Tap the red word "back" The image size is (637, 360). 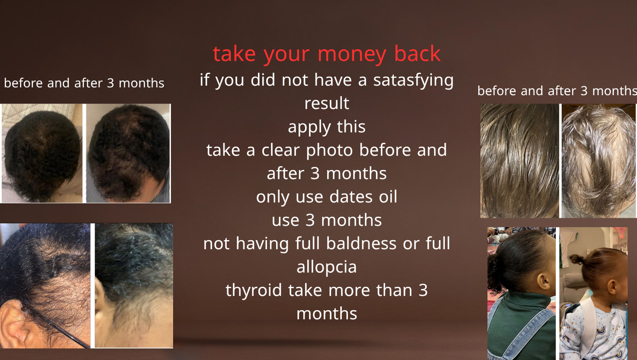[417, 53]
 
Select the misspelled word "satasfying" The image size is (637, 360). [413, 81]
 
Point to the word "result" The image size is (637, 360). [327, 103]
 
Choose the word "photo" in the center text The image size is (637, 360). [329, 151]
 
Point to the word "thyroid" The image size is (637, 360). [253, 291]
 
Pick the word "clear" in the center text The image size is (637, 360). [280, 150]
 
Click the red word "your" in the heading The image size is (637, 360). [287, 56]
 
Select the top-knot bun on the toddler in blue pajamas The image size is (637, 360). [577, 259]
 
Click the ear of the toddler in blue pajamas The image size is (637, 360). [611, 287]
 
